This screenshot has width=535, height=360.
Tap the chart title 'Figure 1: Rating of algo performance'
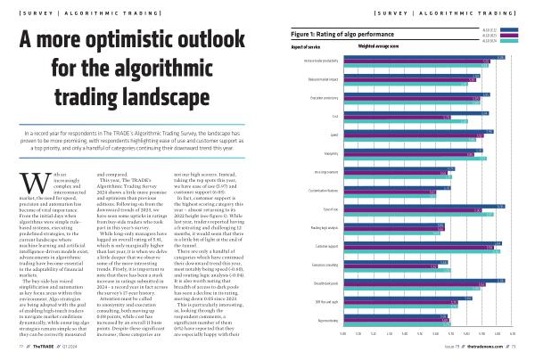pyautogui.click(x=339, y=33)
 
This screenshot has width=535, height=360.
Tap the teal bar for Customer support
pyautogui.click(x=423, y=250)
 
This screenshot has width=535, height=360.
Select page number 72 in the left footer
pyautogui.click(x=12, y=354)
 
